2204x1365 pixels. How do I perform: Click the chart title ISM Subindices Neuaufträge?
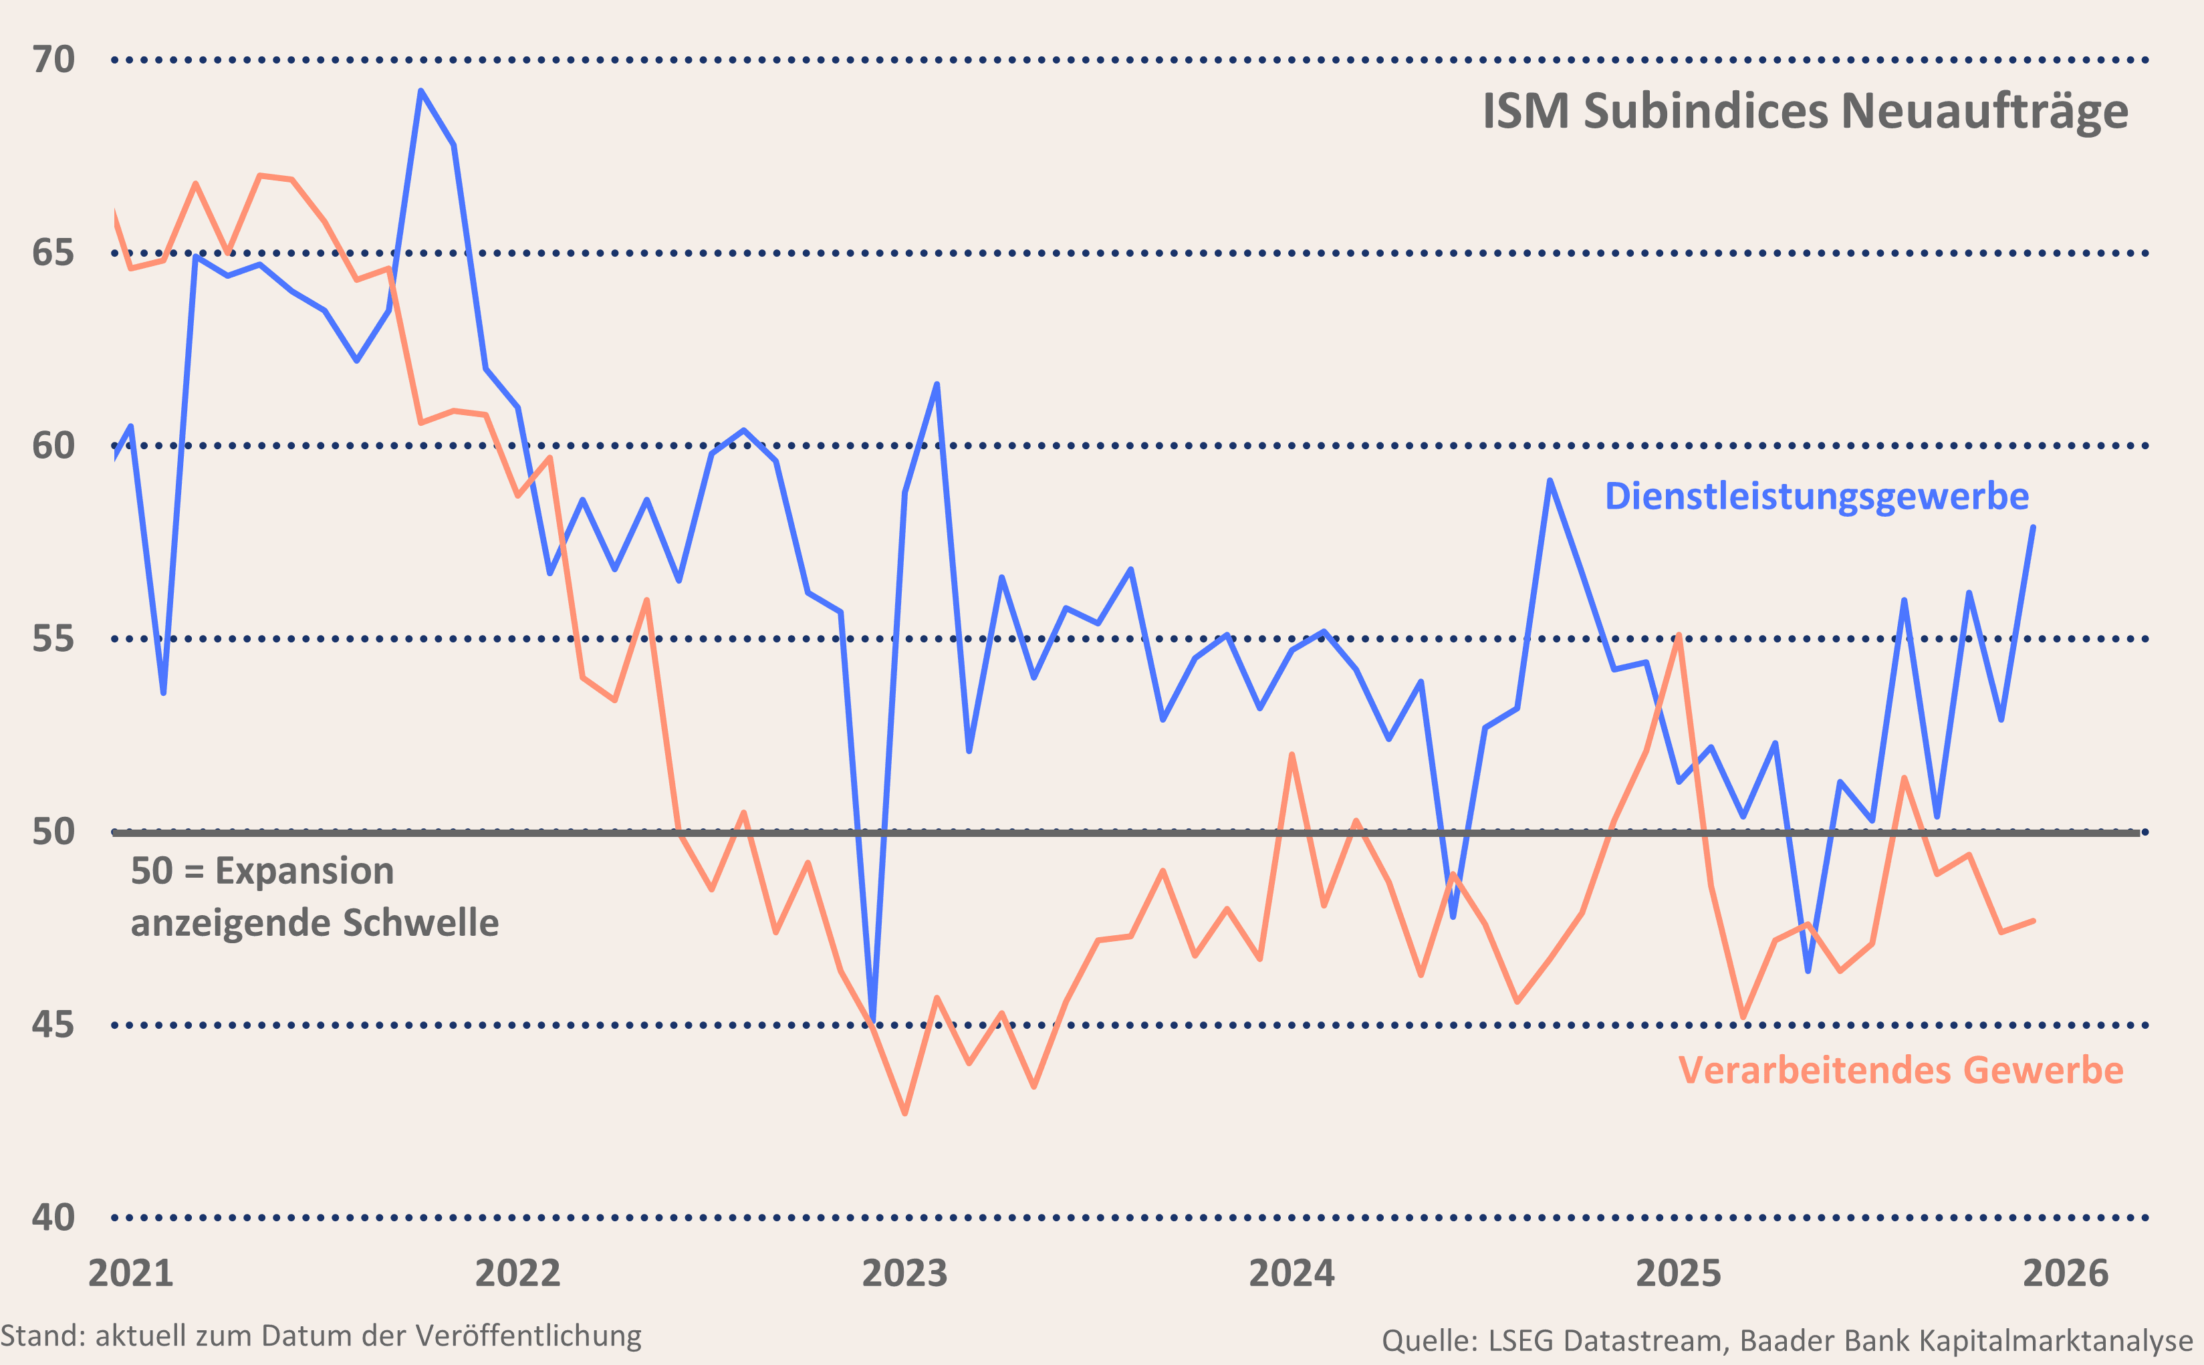pos(1805,112)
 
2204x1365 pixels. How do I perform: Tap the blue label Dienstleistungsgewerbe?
pos(1816,497)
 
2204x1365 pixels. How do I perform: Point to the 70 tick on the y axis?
pos(53,59)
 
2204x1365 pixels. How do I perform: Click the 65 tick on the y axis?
pos(53,253)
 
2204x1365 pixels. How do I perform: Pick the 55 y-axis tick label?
pos(53,639)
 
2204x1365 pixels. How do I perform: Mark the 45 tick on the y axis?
pos(53,1025)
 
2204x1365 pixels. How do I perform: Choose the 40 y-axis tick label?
pos(53,1218)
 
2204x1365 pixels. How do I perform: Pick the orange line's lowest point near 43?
pos(905,1113)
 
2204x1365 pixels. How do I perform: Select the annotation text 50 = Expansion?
pos(263,871)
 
